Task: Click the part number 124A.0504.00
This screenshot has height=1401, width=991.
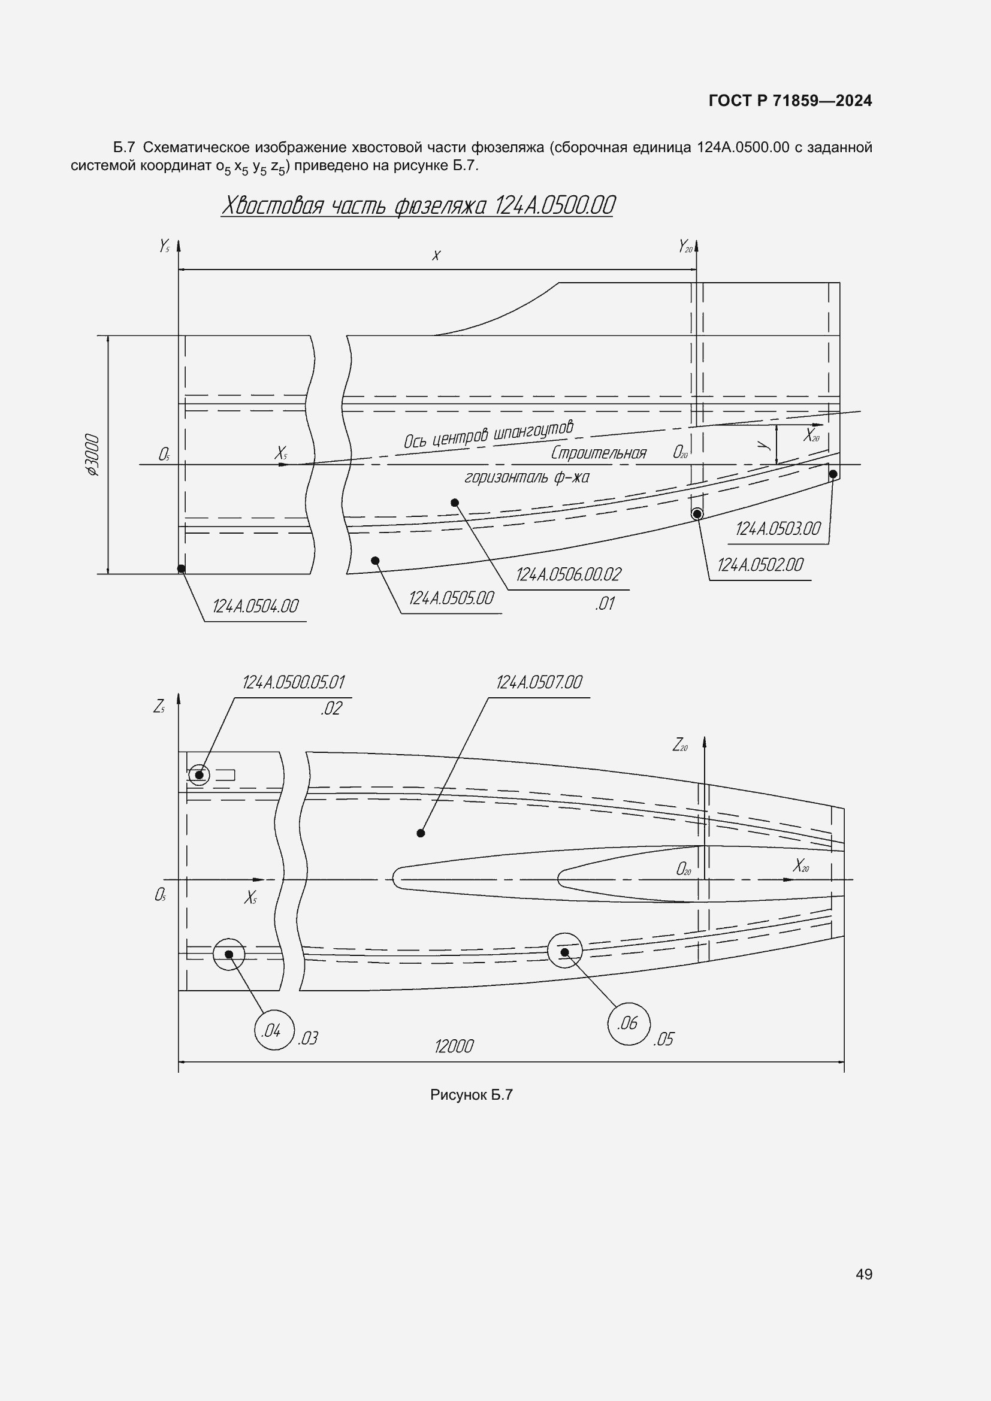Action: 255,607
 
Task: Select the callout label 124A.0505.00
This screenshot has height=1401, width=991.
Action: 451,598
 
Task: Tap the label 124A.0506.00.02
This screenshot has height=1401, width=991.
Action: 568,575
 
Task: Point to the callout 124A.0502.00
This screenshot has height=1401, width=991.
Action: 760,565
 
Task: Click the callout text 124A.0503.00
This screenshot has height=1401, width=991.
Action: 778,529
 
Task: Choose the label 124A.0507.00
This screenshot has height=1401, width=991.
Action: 539,682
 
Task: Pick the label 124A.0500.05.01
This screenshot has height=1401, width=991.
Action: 294,682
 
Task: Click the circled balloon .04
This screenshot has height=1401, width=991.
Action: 274,1031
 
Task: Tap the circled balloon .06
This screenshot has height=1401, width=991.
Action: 629,1023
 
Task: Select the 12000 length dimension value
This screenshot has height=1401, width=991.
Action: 454,1047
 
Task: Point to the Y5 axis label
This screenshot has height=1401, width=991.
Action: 164,246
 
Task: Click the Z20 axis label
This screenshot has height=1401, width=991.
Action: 680,745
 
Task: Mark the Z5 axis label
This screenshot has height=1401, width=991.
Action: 159,707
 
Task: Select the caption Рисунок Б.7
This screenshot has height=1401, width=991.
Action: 471,1095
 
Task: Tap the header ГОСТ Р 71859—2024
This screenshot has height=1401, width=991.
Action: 790,101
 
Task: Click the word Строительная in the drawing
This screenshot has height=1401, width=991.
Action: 598,453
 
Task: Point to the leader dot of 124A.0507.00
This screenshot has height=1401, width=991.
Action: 421,833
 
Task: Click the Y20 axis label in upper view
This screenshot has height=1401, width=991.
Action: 685,247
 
